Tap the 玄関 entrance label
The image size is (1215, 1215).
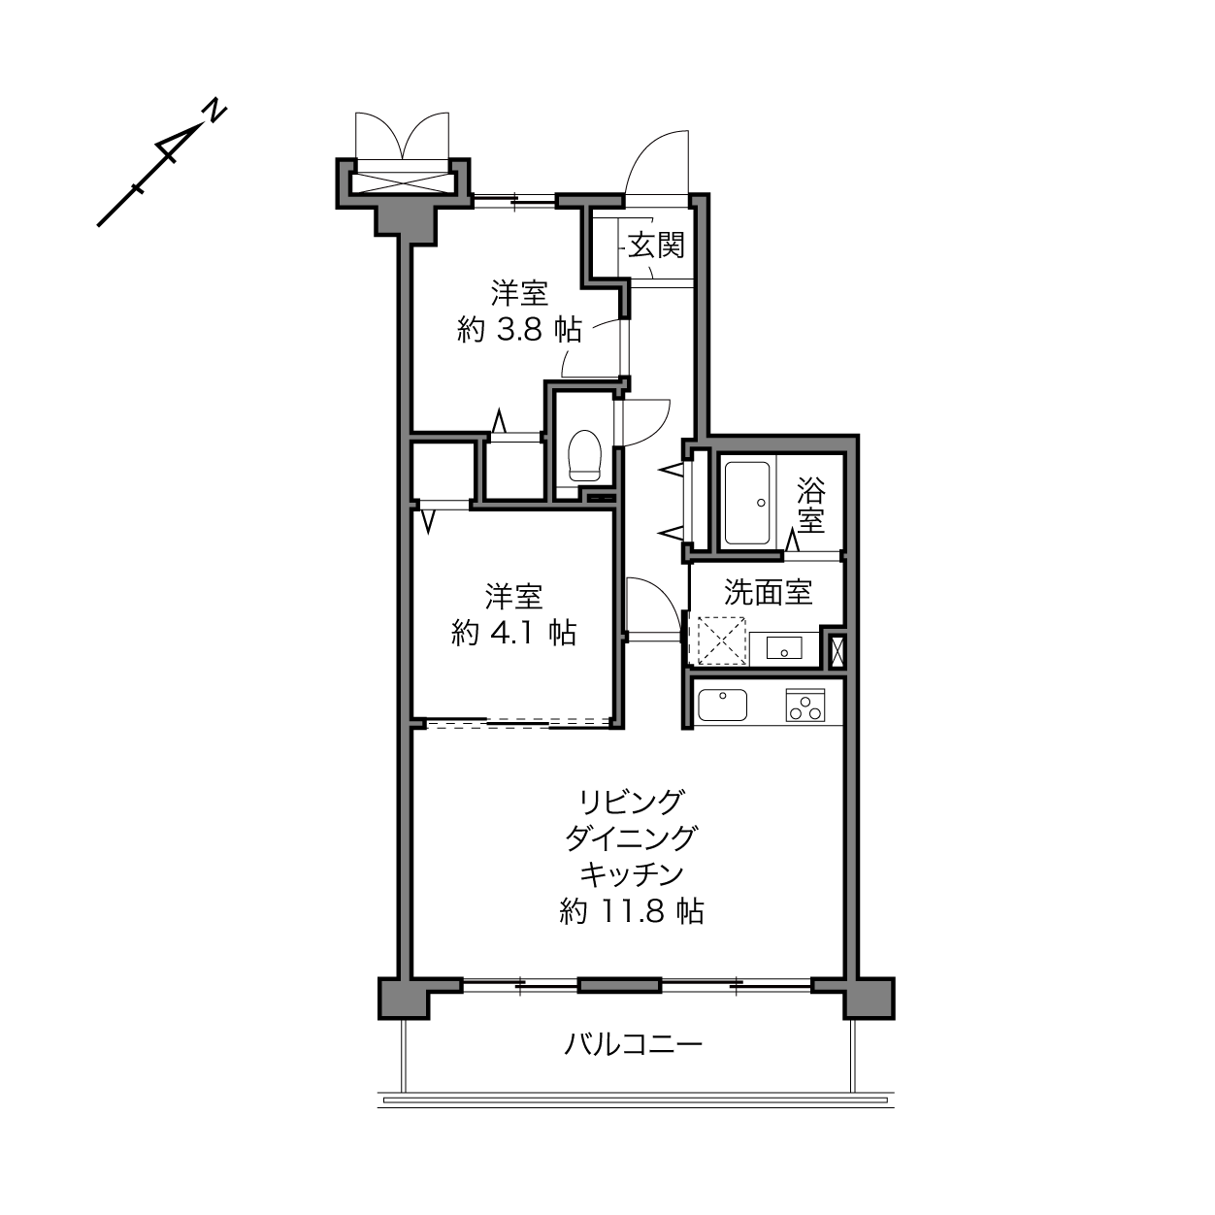pyautogui.click(x=656, y=246)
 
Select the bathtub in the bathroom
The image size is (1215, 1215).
pyautogui.click(x=747, y=503)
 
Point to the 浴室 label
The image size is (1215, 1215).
pyautogui.click(x=811, y=505)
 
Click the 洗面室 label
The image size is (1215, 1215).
pyautogui.click(x=768, y=592)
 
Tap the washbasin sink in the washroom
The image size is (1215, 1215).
pyautogui.click(x=784, y=647)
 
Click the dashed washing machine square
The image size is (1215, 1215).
pyautogui.click(x=720, y=641)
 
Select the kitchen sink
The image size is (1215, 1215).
pyautogui.click(x=723, y=705)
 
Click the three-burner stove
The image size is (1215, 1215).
pyautogui.click(x=805, y=705)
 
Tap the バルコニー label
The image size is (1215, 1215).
pyautogui.click(x=633, y=1045)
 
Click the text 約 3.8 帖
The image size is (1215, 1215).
pyautogui.click(x=519, y=329)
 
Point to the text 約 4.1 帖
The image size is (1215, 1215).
pyautogui.click(x=513, y=633)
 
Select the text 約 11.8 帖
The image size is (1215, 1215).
pyautogui.click(x=632, y=911)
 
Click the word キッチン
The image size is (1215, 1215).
pyautogui.click(x=632, y=874)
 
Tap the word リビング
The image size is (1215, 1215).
pyautogui.click(x=632, y=802)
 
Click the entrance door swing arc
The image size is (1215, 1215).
pyautogui.click(x=648, y=151)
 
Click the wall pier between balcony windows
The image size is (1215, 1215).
pyautogui.click(x=620, y=985)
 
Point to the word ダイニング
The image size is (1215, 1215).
pyautogui.click(x=632, y=838)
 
